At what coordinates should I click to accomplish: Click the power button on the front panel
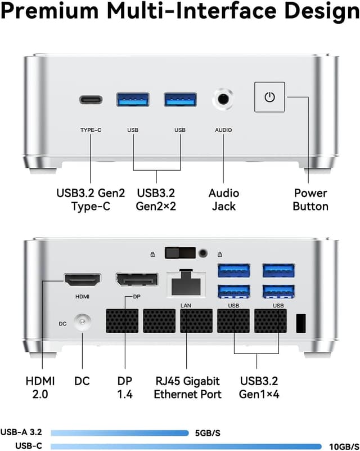coord(269,97)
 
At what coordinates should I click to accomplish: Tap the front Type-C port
coord(91,100)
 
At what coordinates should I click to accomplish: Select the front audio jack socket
coord(223,99)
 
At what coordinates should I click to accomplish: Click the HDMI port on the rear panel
coord(82,280)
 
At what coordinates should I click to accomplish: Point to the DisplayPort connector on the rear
coord(137,280)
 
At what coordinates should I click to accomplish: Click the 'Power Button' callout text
coord(310,200)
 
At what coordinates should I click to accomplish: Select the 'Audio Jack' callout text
coord(223,200)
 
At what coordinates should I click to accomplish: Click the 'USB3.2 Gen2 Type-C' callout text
coord(91,200)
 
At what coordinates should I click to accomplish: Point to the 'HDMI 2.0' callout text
coord(40,387)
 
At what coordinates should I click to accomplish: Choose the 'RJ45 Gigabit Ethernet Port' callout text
coord(187,387)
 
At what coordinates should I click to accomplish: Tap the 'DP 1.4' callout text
coord(125,387)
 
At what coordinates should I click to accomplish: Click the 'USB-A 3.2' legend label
coord(25,433)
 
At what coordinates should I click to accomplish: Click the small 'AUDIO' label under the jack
coord(223,130)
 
